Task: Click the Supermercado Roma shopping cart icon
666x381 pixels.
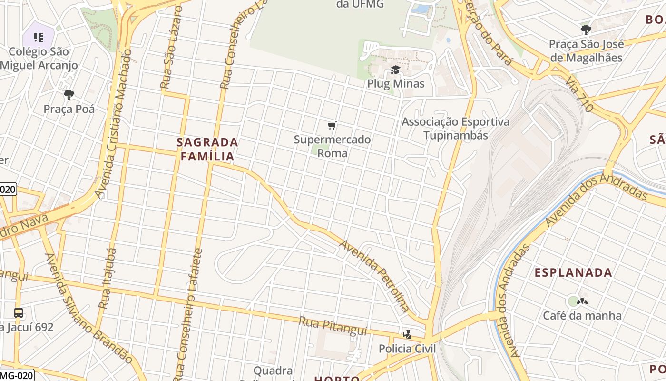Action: click(x=332, y=126)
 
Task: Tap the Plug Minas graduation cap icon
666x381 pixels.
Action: click(x=395, y=70)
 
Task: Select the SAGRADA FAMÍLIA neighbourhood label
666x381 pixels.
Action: click(x=207, y=149)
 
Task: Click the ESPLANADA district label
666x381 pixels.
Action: click(x=573, y=273)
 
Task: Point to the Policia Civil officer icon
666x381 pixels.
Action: click(x=407, y=334)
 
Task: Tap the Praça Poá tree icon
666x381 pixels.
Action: click(x=69, y=95)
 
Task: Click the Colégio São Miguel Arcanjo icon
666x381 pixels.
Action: click(x=39, y=37)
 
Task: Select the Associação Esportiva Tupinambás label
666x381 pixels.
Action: click(x=455, y=129)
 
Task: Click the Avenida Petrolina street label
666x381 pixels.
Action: click(x=374, y=276)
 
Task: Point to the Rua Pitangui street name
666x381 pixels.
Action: click(x=333, y=326)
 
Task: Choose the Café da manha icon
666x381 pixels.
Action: click(x=582, y=301)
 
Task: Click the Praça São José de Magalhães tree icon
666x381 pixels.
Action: click(x=586, y=30)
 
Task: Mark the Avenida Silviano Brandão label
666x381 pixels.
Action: click(x=88, y=308)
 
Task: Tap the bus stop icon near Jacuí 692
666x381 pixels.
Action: click(x=19, y=313)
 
